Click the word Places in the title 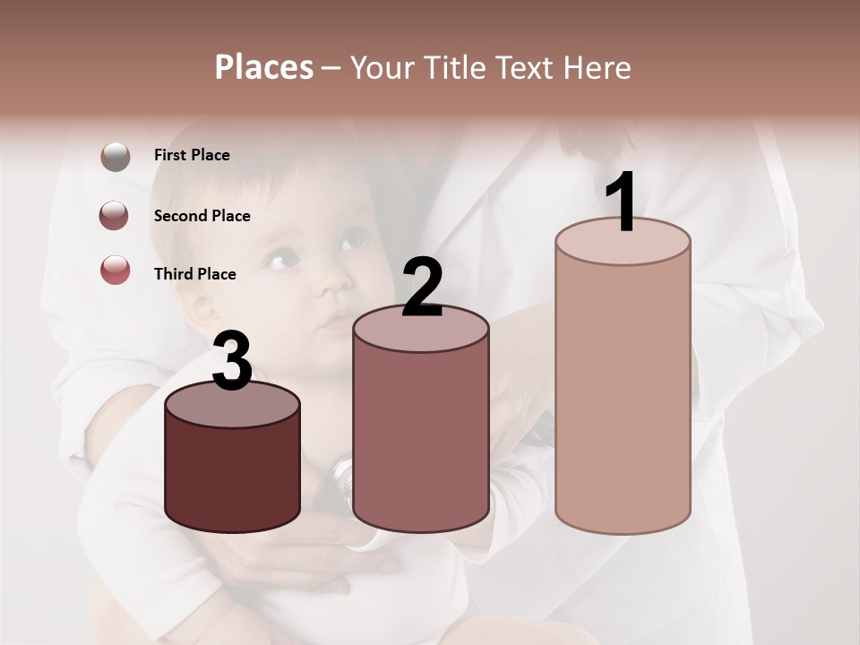[264, 67]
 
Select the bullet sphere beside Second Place [115, 216]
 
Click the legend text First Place [192, 155]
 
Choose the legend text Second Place [202, 216]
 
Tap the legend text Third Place [194, 274]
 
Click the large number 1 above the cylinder [621, 202]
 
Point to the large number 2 [422, 288]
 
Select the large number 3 [233, 362]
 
